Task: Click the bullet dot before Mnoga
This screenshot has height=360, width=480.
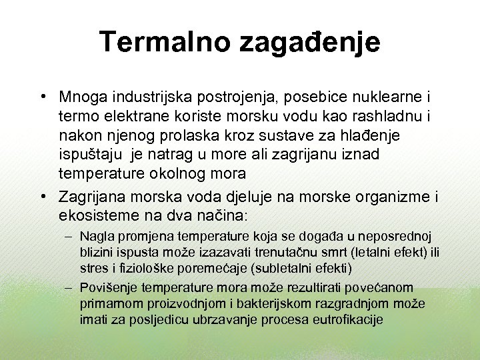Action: coord(43,97)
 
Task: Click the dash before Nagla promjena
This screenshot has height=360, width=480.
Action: coord(69,237)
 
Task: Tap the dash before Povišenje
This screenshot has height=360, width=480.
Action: coord(69,288)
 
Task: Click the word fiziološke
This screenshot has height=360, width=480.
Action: coord(136,269)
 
